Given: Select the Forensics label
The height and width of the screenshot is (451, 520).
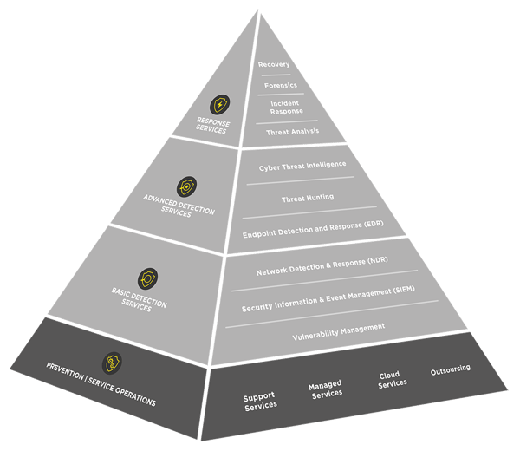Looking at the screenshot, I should click(280, 85).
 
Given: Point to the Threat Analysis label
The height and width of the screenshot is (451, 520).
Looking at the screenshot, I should click(292, 132).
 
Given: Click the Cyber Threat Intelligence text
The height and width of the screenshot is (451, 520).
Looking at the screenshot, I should click(302, 165).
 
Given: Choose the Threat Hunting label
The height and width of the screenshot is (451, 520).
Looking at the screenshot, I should click(308, 199).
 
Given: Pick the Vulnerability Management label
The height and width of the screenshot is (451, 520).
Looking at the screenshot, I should click(339, 328).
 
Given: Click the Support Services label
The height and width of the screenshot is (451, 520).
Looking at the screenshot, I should click(260, 402).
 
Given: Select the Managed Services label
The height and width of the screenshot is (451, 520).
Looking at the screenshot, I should click(325, 389).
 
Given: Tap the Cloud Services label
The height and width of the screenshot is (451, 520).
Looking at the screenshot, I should click(393, 380).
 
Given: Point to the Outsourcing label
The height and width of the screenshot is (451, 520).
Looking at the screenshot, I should click(451, 369).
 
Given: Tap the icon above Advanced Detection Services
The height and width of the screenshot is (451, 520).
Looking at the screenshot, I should click(185, 186).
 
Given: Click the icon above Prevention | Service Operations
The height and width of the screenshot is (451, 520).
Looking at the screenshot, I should click(111, 363).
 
